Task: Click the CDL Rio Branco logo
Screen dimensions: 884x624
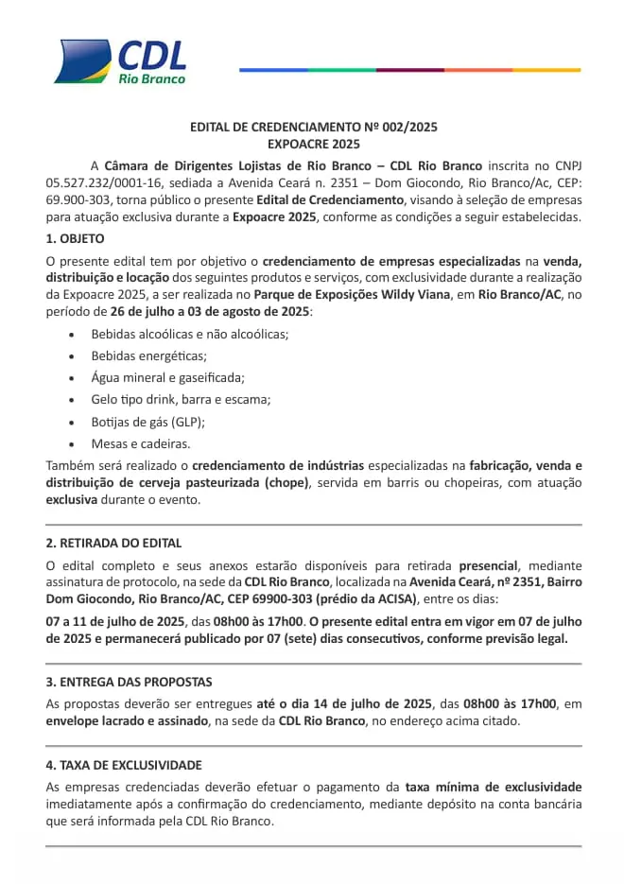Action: pyautogui.click(x=120, y=61)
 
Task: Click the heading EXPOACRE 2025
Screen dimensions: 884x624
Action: pyautogui.click(x=313, y=145)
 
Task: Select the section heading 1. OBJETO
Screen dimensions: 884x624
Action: pyautogui.click(x=75, y=238)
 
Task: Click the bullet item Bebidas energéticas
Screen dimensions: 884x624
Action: pyautogui.click(x=148, y=355)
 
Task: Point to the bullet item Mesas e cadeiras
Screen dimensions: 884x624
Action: pyautogui.click(x=140, y=442)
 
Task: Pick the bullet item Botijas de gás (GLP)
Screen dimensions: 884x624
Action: pyautogui.click(x=147, y=421)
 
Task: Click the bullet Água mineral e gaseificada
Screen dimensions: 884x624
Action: pyautogui.click(x=167, y=377)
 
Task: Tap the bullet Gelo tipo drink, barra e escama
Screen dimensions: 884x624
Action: pyautogui.click(x=181, y=399)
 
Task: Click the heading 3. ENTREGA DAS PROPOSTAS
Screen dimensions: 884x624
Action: pyautogui.click(x=129, y=682)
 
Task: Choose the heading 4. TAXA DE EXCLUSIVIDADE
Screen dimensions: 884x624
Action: pyautogui.click(x=124, y=765)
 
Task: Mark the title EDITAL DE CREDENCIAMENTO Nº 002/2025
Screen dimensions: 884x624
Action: pyautogui.click(x=313, y=127)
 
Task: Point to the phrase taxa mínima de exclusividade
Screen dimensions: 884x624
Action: pyautogui.click(x=493, y=787)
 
